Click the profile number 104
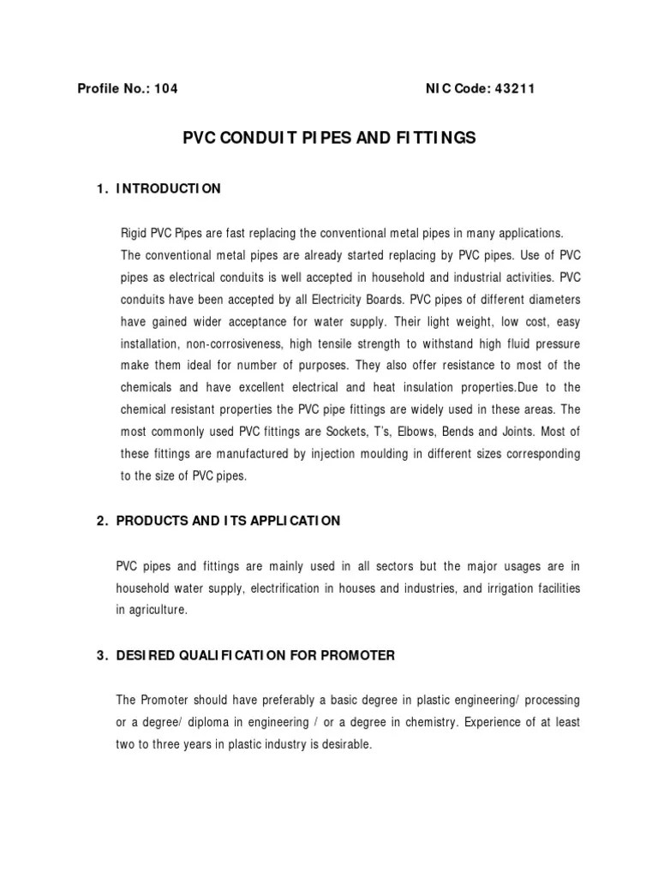coord(166,89)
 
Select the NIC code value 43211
coord(514,89)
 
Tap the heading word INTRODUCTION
coord(169,188)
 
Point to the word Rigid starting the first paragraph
coord(137,233)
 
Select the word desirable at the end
coord(346,745)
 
